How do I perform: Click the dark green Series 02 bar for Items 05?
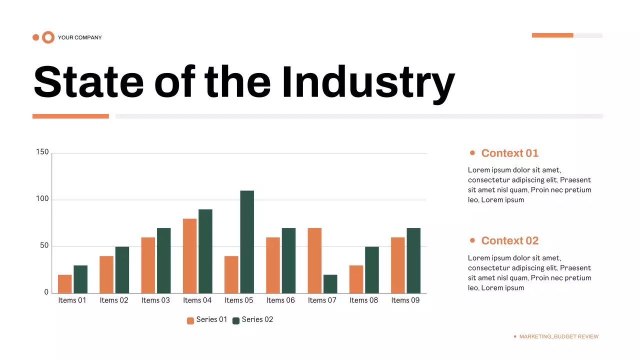pyautogui.click(x=247, y=241)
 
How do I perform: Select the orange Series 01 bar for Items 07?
pyautogui.click(x=314, y=260)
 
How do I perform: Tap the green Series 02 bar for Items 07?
pyautogui.click(x=330, y=283)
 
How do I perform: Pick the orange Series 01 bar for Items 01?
pyautogui.click(x=65, y=283)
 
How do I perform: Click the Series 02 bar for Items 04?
pyautogui.click(x=205, y=251)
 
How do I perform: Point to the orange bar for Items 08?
pyautogui.click(x=356, y=279)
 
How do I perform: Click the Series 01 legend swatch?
pyautogui.click(x=190, y=320)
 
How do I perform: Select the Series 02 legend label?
pyautogui.click(x=257, y=319)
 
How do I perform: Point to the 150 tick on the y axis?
pyautogui.click(x=42, y=152)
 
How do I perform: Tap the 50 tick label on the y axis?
pyautogui.click(x=43, y=246)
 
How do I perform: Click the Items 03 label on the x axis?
pyautogui.click(x=155, y=300)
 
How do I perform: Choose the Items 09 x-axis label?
pyautogui.click(x=405, y=300)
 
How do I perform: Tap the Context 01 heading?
pyautogui.click(x=509, y=153)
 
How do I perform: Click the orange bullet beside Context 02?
pyautogui.click(x=472, y=240)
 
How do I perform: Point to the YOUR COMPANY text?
pyautogui.click(x=79, y=37)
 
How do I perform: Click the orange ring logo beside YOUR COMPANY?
pyautogui.click(x=48, y=37)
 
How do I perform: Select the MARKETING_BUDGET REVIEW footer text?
pyautogui.click(x=558, y=336)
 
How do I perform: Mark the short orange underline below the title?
pyautogui.click(x=70, y=116)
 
